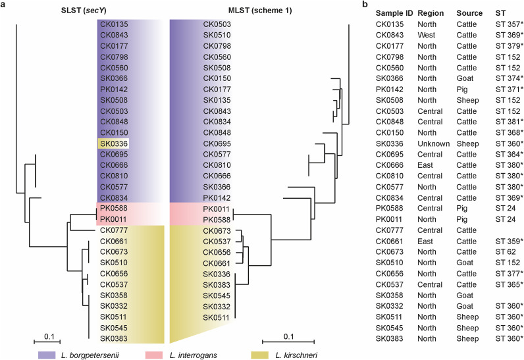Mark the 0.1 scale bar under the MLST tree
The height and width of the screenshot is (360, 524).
tap(289, 342)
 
